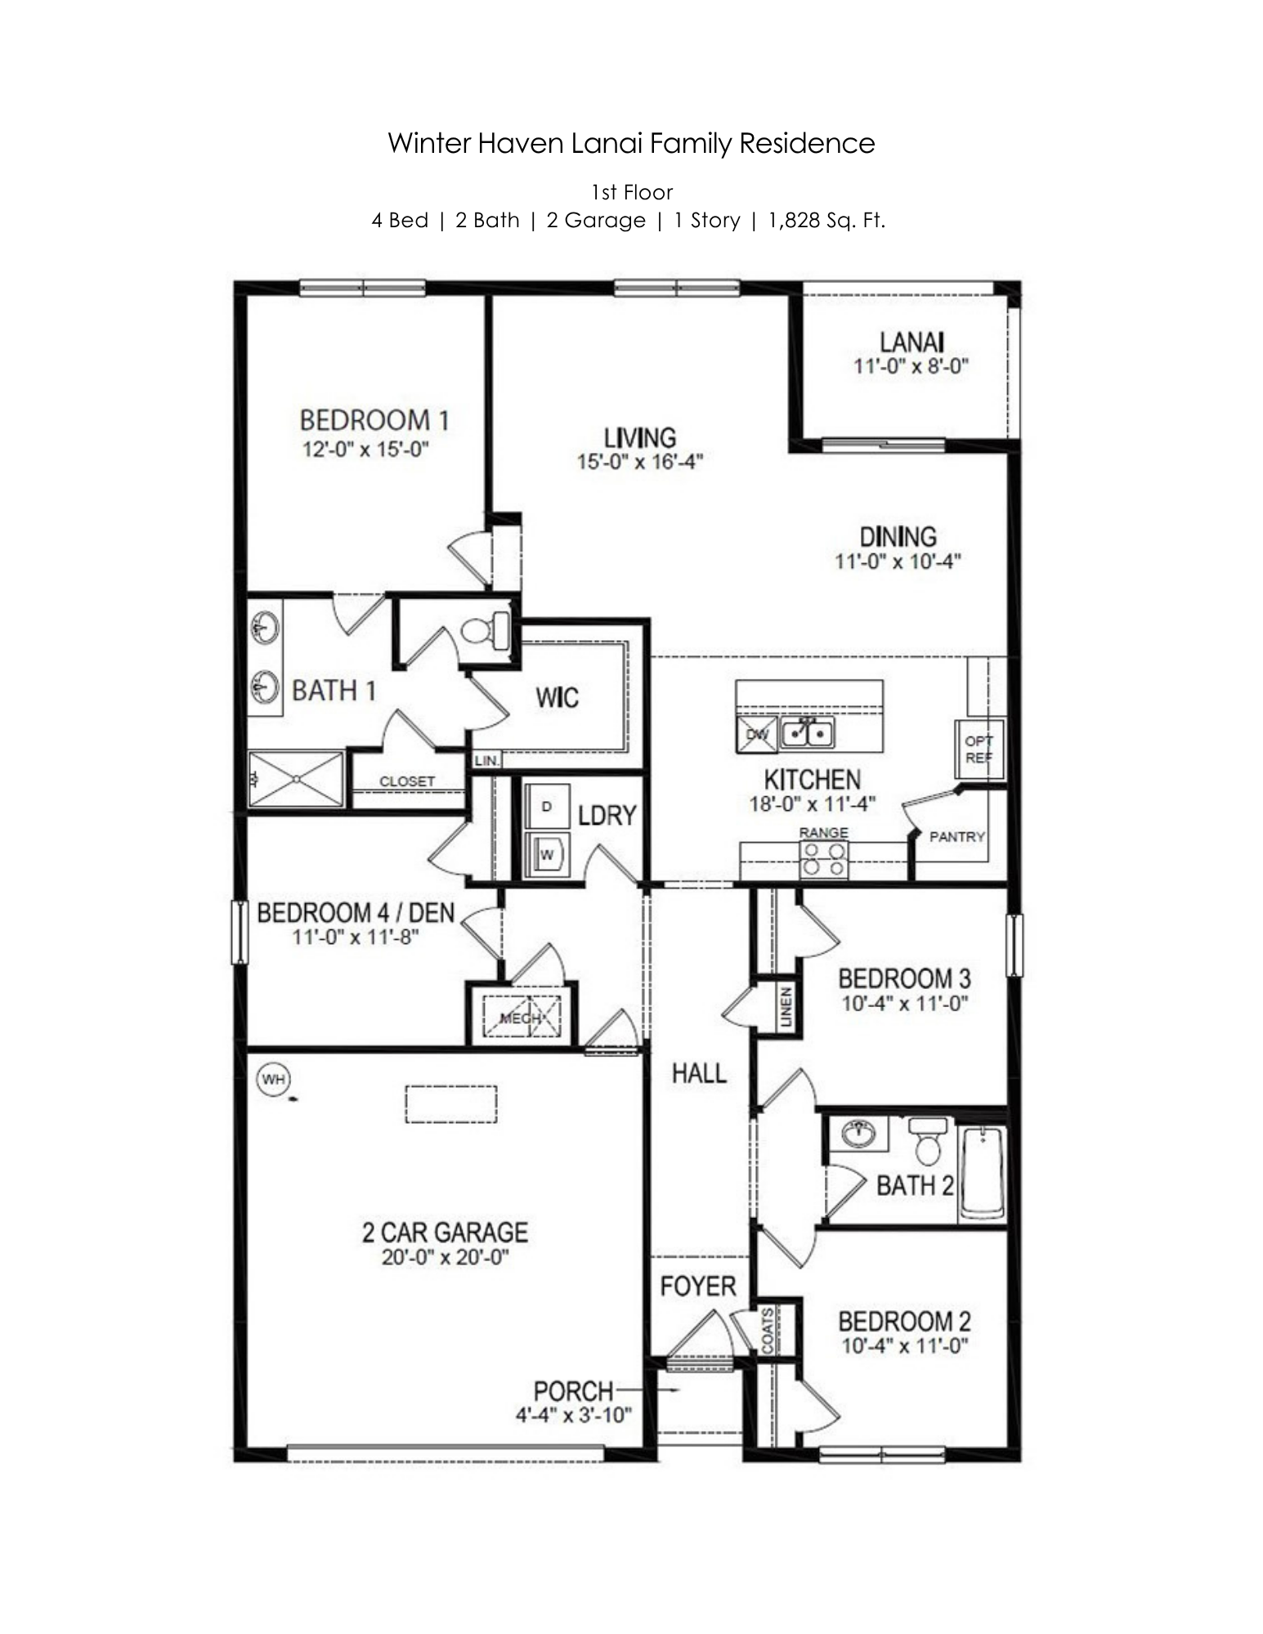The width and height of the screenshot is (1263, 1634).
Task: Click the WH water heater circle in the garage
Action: click(x=273, y=1079)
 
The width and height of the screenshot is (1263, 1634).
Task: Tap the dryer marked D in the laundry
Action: click(x=547, y=807)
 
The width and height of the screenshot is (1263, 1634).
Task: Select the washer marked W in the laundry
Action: click(x=547, y=854)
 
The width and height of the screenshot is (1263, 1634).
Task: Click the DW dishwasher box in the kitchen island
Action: click(x=757, y=733)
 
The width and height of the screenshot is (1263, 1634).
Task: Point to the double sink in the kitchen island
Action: click(x=807, y=732)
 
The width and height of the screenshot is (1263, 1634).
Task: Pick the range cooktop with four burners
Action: click(x=823, y=858)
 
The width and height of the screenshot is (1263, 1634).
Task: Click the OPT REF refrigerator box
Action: click(x=979, y=749)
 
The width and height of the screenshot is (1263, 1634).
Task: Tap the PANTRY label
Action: click(x=956, y=836)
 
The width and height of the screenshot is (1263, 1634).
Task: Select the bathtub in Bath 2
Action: click(x=982, y=1173)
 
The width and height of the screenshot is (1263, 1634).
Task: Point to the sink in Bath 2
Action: click(x=858, y=1133)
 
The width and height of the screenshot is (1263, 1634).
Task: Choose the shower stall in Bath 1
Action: click(x=296, y=779)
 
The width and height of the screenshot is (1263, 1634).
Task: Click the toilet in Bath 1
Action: click(x=486, y=630)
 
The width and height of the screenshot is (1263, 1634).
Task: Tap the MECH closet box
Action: click(x=522, y=1018)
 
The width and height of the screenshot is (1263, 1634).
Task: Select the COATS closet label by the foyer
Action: click(x=768, y=1331)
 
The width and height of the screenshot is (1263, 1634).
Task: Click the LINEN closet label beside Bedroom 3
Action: click(x=786, y=1006)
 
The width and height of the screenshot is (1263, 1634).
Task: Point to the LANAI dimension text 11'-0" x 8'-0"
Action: click(x=911, y=366)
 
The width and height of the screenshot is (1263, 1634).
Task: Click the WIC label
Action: click(x=557, y=697)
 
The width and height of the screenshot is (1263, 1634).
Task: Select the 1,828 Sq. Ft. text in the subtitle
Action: click(x=826, y=221)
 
